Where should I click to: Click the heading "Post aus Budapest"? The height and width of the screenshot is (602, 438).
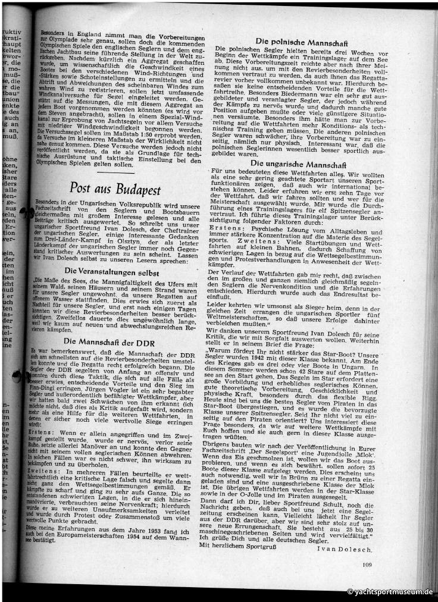[x=115, y=190]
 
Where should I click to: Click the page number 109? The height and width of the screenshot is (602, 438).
[x=367, y=565]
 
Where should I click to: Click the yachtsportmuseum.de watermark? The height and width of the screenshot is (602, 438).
[x=390, y=592]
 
